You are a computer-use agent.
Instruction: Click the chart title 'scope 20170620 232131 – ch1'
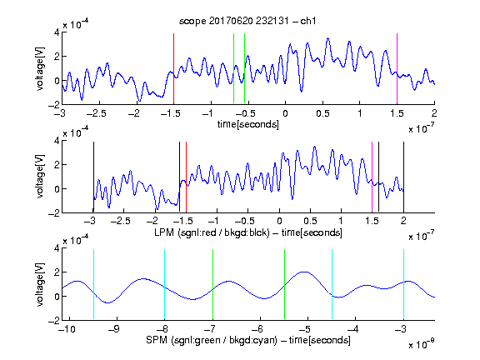pyautogui.click(x=247, y=21)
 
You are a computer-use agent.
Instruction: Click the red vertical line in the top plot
pyautogui.click(x=173, y=69)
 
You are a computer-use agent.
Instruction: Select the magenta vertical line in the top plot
pyautogui.click(x=397, y=69)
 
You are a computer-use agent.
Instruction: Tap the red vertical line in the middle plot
pyautogui.click(x=186, y=177)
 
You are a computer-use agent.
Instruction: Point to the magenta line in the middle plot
pyautogui.click(x=372, y=177)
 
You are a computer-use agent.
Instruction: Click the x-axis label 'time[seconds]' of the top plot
pyautogui.click(x=248, y=124)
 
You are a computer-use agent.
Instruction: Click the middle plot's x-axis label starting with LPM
pyautogui.click(x=248, y=232)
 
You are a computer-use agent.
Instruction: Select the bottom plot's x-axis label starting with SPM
pyautogui.click(x=248, y=340)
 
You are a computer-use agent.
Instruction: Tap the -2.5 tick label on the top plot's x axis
pyautogui.click(x=96, y=113)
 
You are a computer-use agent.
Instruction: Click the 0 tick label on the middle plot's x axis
pyautogui.click(x=279, y=221)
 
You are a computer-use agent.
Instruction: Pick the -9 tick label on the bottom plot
pyautogui.click(x=114, y=329)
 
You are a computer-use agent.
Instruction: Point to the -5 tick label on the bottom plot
pyautogui.click(x=305, y=329)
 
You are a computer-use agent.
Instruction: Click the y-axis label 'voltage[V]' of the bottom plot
pyautogui.click(x=40, y=284)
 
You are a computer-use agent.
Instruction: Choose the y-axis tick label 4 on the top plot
pyautogui.click(x=57, y=32)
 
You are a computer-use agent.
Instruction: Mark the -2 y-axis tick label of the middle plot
pyautogui.click(x=54, y=213)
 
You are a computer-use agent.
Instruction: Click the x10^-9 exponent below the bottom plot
pyautogui.click(x=421, y=344)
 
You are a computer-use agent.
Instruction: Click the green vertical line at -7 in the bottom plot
pyautogui.click(x=212, y=284)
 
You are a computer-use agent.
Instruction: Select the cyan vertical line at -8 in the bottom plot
pyautogui.click(x=165, y=284)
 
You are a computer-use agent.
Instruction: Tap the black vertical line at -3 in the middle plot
pyautogui.click(x=93, y=177)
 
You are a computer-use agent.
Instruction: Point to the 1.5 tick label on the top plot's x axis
pyautogui.click(x=397, y=113)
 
